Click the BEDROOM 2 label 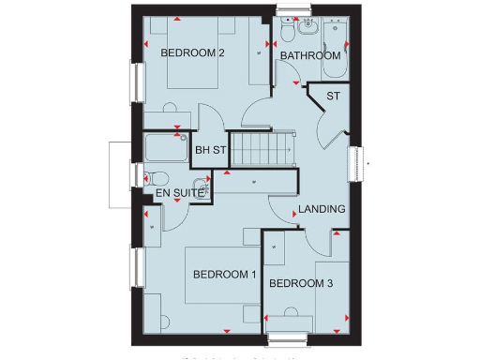coord(192,52)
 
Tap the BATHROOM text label coord(310,56)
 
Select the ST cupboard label coord(333,96)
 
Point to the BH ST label coord(210,150)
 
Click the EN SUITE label coord(171,193)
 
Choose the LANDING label coord(322,209)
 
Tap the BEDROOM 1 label coord(224,275)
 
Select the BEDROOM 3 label coord(300,283)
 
